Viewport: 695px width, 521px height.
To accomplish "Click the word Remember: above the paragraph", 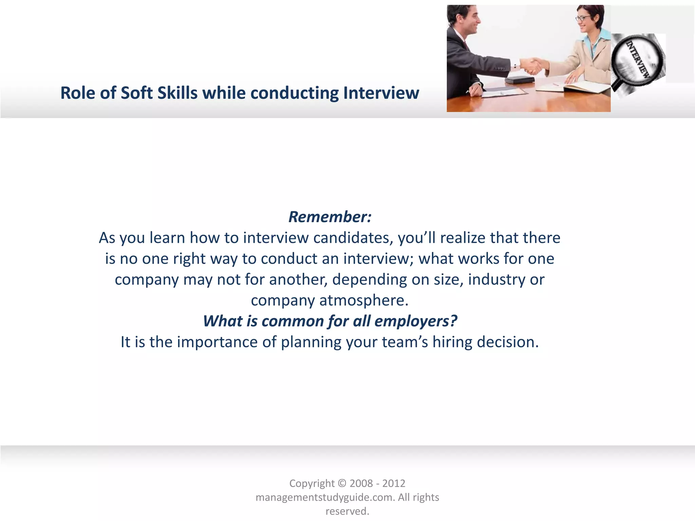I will coord(330,217).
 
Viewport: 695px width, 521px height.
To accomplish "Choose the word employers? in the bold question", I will coord(416,321).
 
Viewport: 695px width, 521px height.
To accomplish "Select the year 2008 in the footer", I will coord(361,483).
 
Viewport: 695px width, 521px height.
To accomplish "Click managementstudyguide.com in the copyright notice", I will coord(325,497).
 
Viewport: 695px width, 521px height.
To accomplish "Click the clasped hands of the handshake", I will coord(531,66).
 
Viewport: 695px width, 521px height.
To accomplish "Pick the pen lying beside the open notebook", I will coord(556,84).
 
